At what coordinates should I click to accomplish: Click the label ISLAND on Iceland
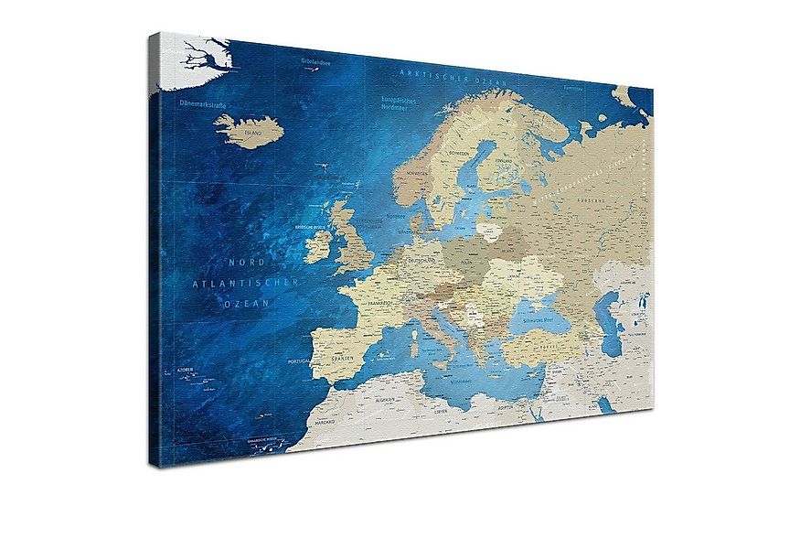[253, 133]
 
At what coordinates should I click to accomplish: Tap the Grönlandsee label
[315, 61]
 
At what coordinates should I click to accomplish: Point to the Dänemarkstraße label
[203, 104]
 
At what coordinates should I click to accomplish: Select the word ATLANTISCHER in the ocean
[245, 283]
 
